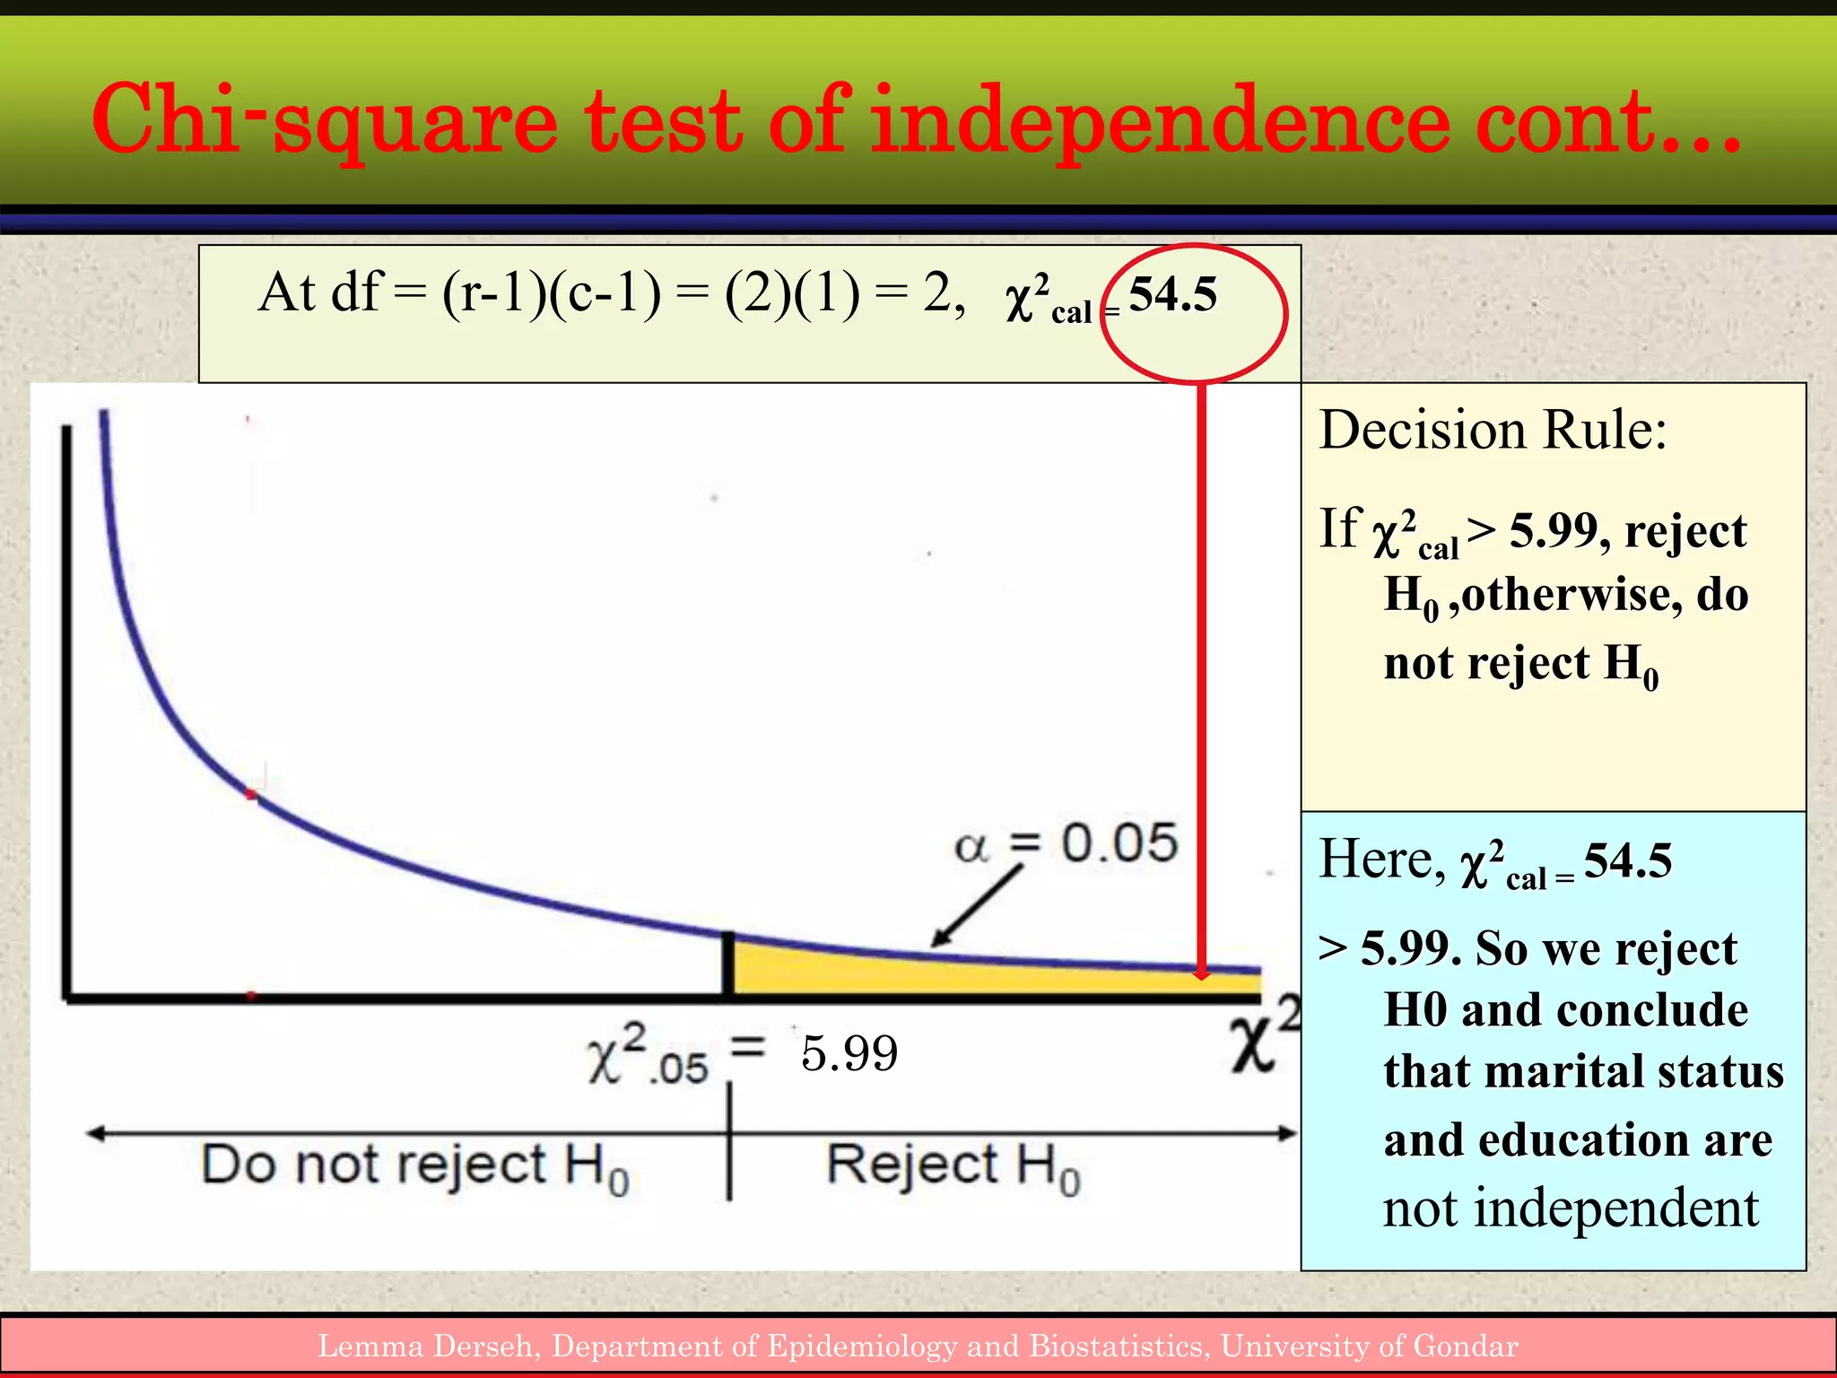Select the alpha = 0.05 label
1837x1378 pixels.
coord(1066,843)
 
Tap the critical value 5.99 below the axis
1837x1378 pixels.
coord(849,1052)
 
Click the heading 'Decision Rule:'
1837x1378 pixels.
coord(1493,431)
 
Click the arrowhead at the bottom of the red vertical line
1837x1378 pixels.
coord(1201,973)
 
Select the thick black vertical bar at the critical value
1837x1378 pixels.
coord(728,964)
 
